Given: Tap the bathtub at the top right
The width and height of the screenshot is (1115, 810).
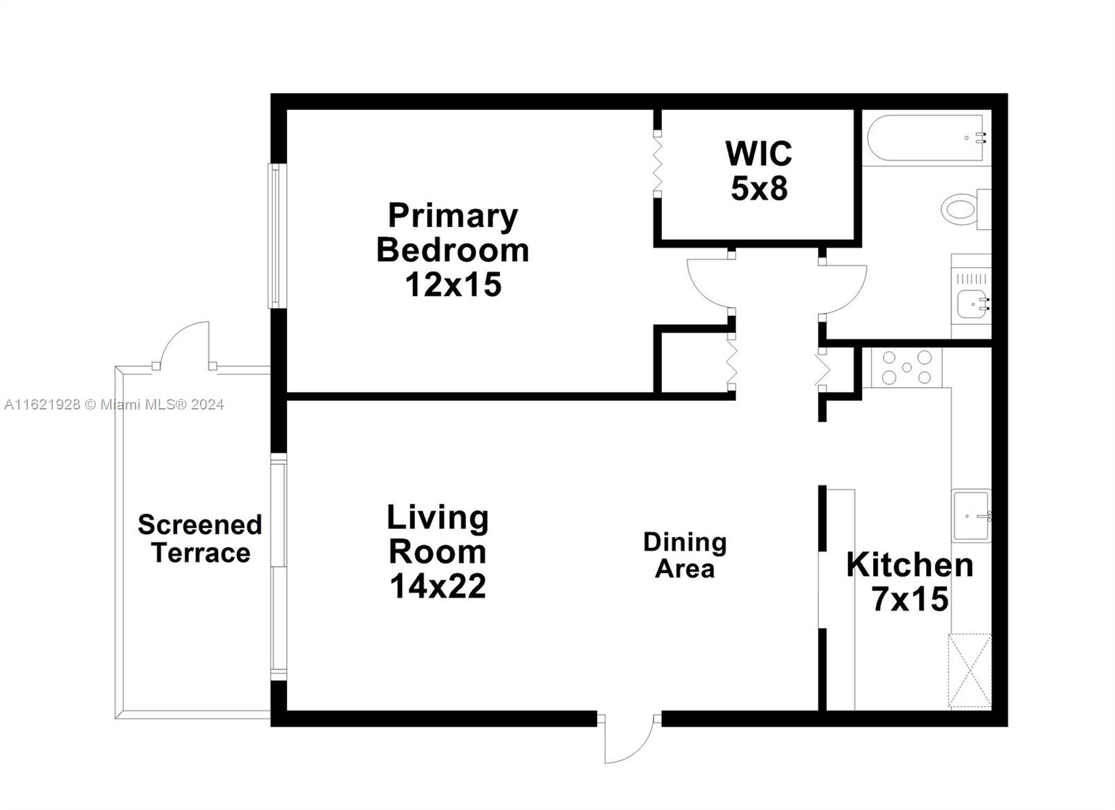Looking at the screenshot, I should (x=925, y=139).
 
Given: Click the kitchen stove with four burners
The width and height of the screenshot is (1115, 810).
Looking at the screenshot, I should (x=906, y=368).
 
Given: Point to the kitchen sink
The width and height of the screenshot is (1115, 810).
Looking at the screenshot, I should (x=971, y=516).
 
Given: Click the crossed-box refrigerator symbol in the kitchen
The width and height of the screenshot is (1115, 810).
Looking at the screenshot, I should (x=969, y=671).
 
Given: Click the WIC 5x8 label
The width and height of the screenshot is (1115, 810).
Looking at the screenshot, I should (x=758, y=171).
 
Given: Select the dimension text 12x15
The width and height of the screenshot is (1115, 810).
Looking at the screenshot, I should (x=453, y=285).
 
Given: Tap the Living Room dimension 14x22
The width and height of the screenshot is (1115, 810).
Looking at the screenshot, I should (x=438, y=586).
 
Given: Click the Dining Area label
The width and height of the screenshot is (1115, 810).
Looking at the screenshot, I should (x=685, y=555).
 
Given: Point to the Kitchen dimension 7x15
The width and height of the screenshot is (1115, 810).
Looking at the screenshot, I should (x=909, y=599).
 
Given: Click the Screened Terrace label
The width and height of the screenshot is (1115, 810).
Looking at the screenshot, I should (x=200, y=538).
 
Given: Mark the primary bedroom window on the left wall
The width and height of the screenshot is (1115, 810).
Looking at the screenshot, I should (x=277, y=235).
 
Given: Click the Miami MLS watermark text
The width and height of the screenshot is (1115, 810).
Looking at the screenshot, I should (x=114, y=404).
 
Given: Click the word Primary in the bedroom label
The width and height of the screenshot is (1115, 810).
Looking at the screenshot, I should (x=453, y=215).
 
